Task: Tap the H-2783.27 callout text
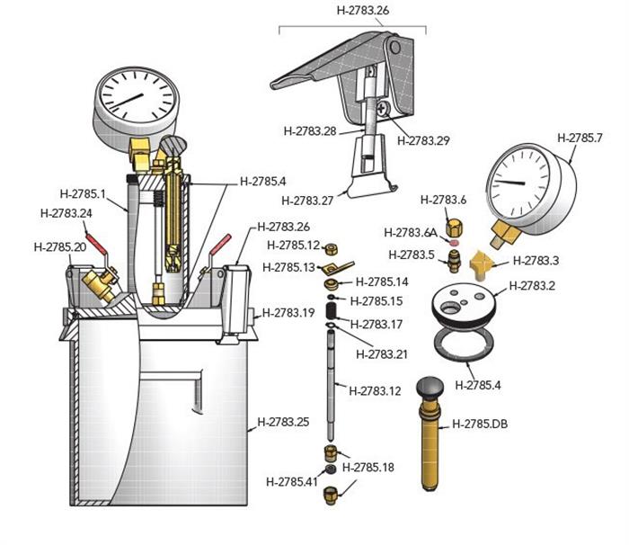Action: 310,200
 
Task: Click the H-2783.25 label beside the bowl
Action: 283,421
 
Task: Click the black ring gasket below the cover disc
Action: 464,344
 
